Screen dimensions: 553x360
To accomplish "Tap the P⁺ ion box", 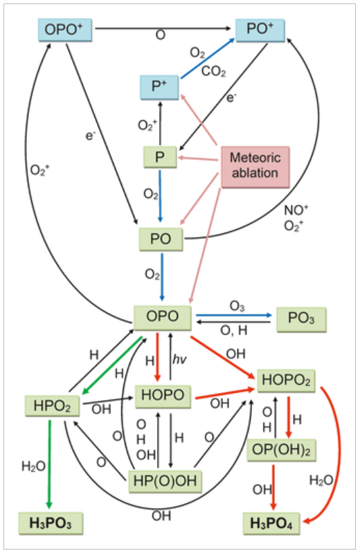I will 159,86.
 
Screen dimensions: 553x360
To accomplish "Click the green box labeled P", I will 159,157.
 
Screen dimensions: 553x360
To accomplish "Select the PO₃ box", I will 300,319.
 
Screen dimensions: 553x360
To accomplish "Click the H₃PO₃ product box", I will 51,524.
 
